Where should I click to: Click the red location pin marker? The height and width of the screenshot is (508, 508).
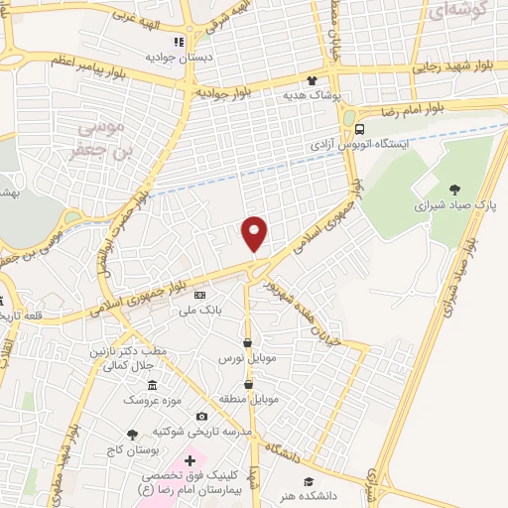(x=255, y=233)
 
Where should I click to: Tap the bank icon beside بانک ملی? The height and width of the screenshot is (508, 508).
(x=200, y=295)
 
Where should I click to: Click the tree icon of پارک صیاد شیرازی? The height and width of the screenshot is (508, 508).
(x=454, y=189)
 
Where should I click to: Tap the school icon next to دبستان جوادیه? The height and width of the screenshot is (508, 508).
(x=180, y=42)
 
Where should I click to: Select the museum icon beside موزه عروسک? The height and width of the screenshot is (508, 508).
(x=151, y=385)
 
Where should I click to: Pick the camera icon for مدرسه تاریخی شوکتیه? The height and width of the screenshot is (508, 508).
(x=202, y=417)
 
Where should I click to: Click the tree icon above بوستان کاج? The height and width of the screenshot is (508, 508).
(x=132, y=434)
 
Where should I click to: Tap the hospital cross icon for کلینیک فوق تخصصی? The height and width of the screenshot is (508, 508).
(x=190, y=461)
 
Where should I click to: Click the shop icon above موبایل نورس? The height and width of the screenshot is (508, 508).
(x=246, y=342)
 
